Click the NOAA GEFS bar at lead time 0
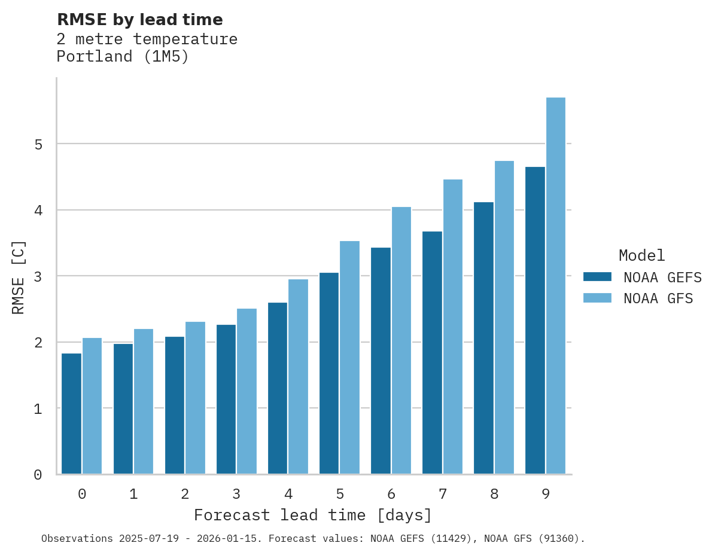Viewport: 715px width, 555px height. click(72, 414)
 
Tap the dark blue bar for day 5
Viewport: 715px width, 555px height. click(329, 373)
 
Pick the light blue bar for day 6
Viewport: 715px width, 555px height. click(401, 340)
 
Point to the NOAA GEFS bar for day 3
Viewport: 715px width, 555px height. click(226, 399)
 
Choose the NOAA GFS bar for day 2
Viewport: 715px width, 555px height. click(195, 398)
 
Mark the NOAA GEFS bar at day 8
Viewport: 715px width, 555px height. click(483, 338)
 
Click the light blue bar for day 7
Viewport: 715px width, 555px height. click(453, 327)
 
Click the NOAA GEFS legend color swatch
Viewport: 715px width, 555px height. click(597, 277)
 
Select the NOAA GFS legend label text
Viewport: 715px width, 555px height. click(658, 298)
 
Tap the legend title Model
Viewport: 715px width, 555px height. click(641, 256)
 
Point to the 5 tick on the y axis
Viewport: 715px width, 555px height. click(38, 144)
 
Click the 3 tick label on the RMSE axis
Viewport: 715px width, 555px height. click(38, 276)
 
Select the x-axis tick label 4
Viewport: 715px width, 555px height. click(288, 495)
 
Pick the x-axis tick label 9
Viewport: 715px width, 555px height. click(546, 495)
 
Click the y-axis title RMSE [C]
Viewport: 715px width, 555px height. click(19, 277)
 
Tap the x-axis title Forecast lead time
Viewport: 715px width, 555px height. click(312, 516)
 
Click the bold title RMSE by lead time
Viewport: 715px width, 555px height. click(139, 20)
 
